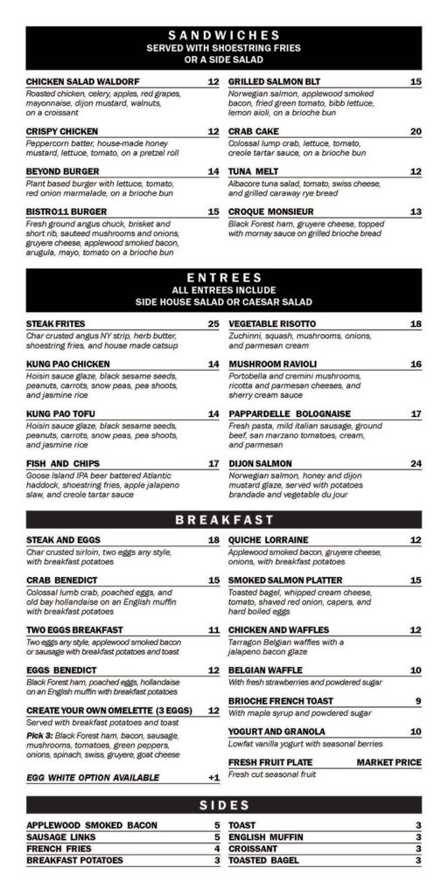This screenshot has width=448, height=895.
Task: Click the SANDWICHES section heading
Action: click(x=223, y=35)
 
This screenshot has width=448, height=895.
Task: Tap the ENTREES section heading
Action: click(x=223, y=277)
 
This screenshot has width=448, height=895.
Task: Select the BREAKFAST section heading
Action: click(x=223, y=520)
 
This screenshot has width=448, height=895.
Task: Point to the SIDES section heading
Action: click(x=223, y=804)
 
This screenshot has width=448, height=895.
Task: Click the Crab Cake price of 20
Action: click(x=416, y=131)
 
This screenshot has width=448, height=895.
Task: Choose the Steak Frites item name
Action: click(x=55, y=324)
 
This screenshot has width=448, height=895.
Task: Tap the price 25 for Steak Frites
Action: click(x=213, y=324)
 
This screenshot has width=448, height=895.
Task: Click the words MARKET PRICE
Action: click(x=388, y=762)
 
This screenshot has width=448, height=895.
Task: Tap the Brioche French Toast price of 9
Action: click(x=418, y=700)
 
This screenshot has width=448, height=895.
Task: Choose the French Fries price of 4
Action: click(x=215, y=848)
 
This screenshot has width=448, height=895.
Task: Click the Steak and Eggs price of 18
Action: click(x=213, y=539)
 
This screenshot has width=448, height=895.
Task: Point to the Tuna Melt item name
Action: click(x=255, y=171)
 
